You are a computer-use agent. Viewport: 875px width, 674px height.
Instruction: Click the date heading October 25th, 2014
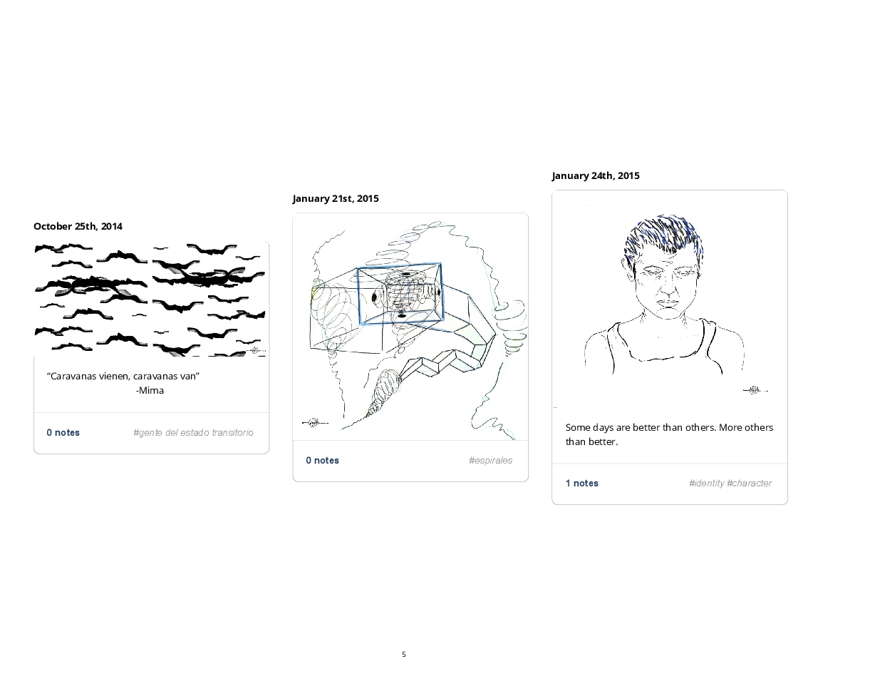click(x=78, y=226)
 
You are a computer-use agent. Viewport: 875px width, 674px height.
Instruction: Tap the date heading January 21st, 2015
click(x=336, y=198)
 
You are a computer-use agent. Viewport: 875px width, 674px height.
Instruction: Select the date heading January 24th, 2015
click(x=596, y=175)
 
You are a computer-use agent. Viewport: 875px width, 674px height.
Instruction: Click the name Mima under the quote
click(x=151, y=390)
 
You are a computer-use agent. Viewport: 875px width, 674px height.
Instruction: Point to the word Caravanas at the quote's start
click(x=73, y=377)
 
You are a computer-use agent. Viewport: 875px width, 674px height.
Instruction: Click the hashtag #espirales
click(x=490, y=461)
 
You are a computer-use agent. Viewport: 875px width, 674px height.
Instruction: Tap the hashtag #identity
click(x=706, y=484)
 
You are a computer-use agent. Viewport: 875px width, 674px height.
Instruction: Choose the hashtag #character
click(x=749, y=484)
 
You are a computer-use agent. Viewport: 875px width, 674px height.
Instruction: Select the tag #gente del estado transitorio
click(x=193, y=433)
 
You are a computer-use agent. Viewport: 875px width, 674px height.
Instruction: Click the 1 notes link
click(x=582, y=484)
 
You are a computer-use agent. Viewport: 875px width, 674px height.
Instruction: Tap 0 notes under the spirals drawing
click(x=322, y=461)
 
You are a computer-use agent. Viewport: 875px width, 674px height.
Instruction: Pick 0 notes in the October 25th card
click(x=63, y=433)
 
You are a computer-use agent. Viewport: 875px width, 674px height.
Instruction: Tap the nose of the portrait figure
click(x=668, y=287)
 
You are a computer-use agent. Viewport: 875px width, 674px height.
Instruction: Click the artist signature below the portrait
click(x=755, y=390)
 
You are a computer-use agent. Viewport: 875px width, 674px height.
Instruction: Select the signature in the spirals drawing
click(x=315, y=423)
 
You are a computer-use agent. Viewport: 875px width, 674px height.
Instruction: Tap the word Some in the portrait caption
click(x=577, y=427)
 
